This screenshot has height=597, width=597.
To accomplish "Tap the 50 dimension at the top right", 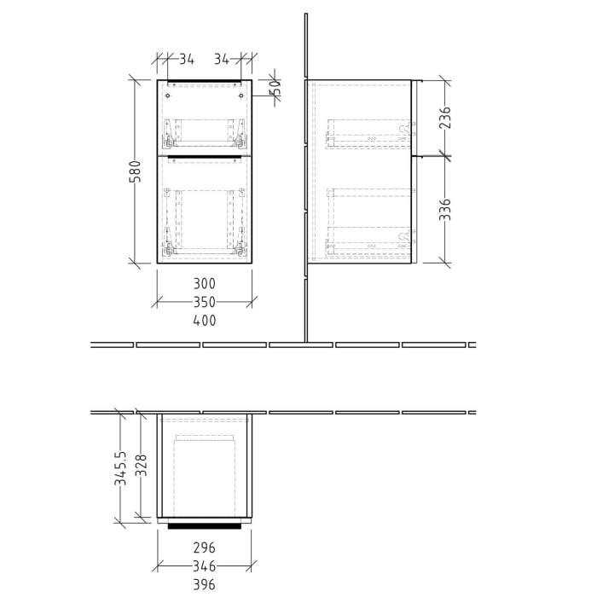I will [x=275, y=87].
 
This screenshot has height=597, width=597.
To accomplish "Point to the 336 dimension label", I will [x=444, y=210].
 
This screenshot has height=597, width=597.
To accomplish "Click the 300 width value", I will [x=204, y=283].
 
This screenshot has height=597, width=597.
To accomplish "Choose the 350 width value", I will [x=204, y=302].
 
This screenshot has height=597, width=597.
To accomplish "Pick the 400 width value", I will [x=204, y=321].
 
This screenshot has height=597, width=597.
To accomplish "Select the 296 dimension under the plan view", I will [x=204, y=548].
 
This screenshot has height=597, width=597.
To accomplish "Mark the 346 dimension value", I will [x=204, y=566].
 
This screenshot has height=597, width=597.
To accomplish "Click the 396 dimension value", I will [x=204, y=585].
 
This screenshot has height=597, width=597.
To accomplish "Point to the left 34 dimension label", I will [x=187, y=59].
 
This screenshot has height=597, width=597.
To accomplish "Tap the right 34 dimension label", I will [x=223, y=59].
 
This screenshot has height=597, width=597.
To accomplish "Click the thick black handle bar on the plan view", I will [x=204, y=526].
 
